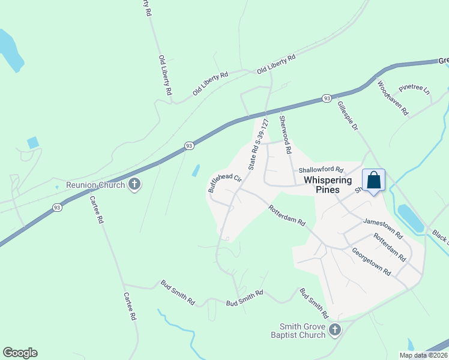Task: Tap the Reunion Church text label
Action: point(95,185)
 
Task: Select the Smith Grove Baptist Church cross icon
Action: point(335,329)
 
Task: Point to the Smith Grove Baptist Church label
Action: point(298,331)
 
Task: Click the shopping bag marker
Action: point(373,180)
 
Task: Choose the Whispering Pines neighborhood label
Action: point(322,184)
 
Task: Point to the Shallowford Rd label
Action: point(321,170)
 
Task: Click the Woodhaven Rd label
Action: point(393,99)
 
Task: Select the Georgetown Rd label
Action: point(372,262)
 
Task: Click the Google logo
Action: point(20,353)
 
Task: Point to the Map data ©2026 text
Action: point(424,355)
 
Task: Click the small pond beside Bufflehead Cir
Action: point(196,170)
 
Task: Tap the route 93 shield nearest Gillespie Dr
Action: point(326,98)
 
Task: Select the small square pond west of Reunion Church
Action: point(33,143)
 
